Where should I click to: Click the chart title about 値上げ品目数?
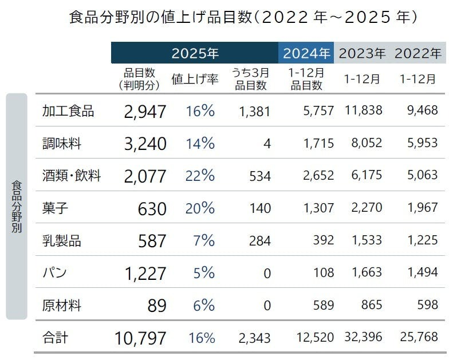[x=241, y=18]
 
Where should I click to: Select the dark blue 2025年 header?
[x=195, y=53]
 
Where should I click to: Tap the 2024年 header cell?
[x=306, y=53]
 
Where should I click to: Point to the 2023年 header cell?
[x=362, y=53]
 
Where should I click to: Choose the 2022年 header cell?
[x=417, y=53]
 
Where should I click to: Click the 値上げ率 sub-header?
[x=195, y=80]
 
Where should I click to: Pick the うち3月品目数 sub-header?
[x=250, y=80]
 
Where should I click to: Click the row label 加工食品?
[x=68, y=111]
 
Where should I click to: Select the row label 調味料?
[x=62, y=143]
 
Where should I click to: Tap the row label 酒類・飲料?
[x=72, y=176]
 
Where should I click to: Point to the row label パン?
[x=55, y=273]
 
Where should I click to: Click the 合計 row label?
[x=55, y=338]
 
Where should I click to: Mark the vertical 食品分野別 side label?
[x=17, y=206]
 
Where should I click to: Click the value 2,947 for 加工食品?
[x=144, y=112]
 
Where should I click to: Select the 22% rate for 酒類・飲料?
[x=200, y=176]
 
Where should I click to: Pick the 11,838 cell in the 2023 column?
[x=364, y=111]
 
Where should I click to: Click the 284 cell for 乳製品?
[x=259, y=240]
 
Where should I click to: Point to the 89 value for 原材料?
[x=156, y=306]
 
